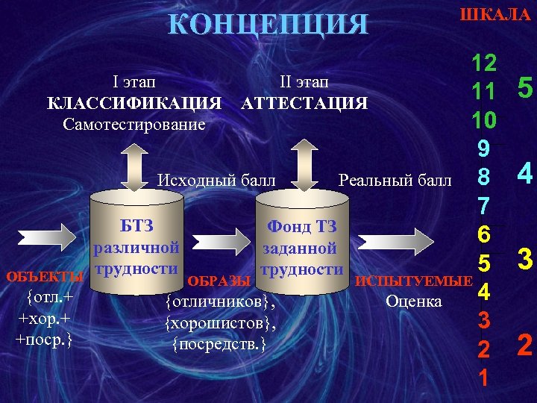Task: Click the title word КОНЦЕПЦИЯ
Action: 268,25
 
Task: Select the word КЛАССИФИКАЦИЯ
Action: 134,102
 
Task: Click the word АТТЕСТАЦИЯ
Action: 304,102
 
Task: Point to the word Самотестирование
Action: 134,122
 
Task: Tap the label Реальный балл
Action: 395,180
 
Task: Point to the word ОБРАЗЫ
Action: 219,281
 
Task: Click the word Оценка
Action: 414,302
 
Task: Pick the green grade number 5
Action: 525,90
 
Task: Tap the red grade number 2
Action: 525,346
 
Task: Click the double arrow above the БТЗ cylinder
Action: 134,165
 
